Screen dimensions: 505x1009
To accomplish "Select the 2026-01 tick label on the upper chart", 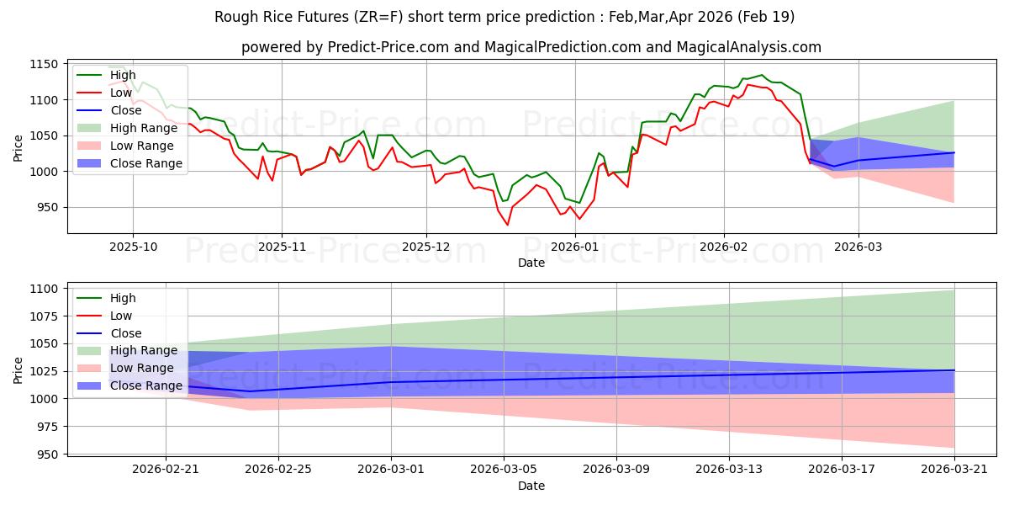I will (575, 247).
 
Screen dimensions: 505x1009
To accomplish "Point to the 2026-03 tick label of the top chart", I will (858, 247).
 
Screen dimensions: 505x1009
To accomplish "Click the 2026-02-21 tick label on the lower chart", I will (166, 470).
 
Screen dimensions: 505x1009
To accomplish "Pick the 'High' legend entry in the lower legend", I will (123, 298).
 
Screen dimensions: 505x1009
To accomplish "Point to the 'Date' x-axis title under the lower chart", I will (531, 486).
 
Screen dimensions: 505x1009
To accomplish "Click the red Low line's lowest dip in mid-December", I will (507, 225).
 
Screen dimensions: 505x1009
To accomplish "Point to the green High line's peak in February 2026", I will (762, 75).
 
